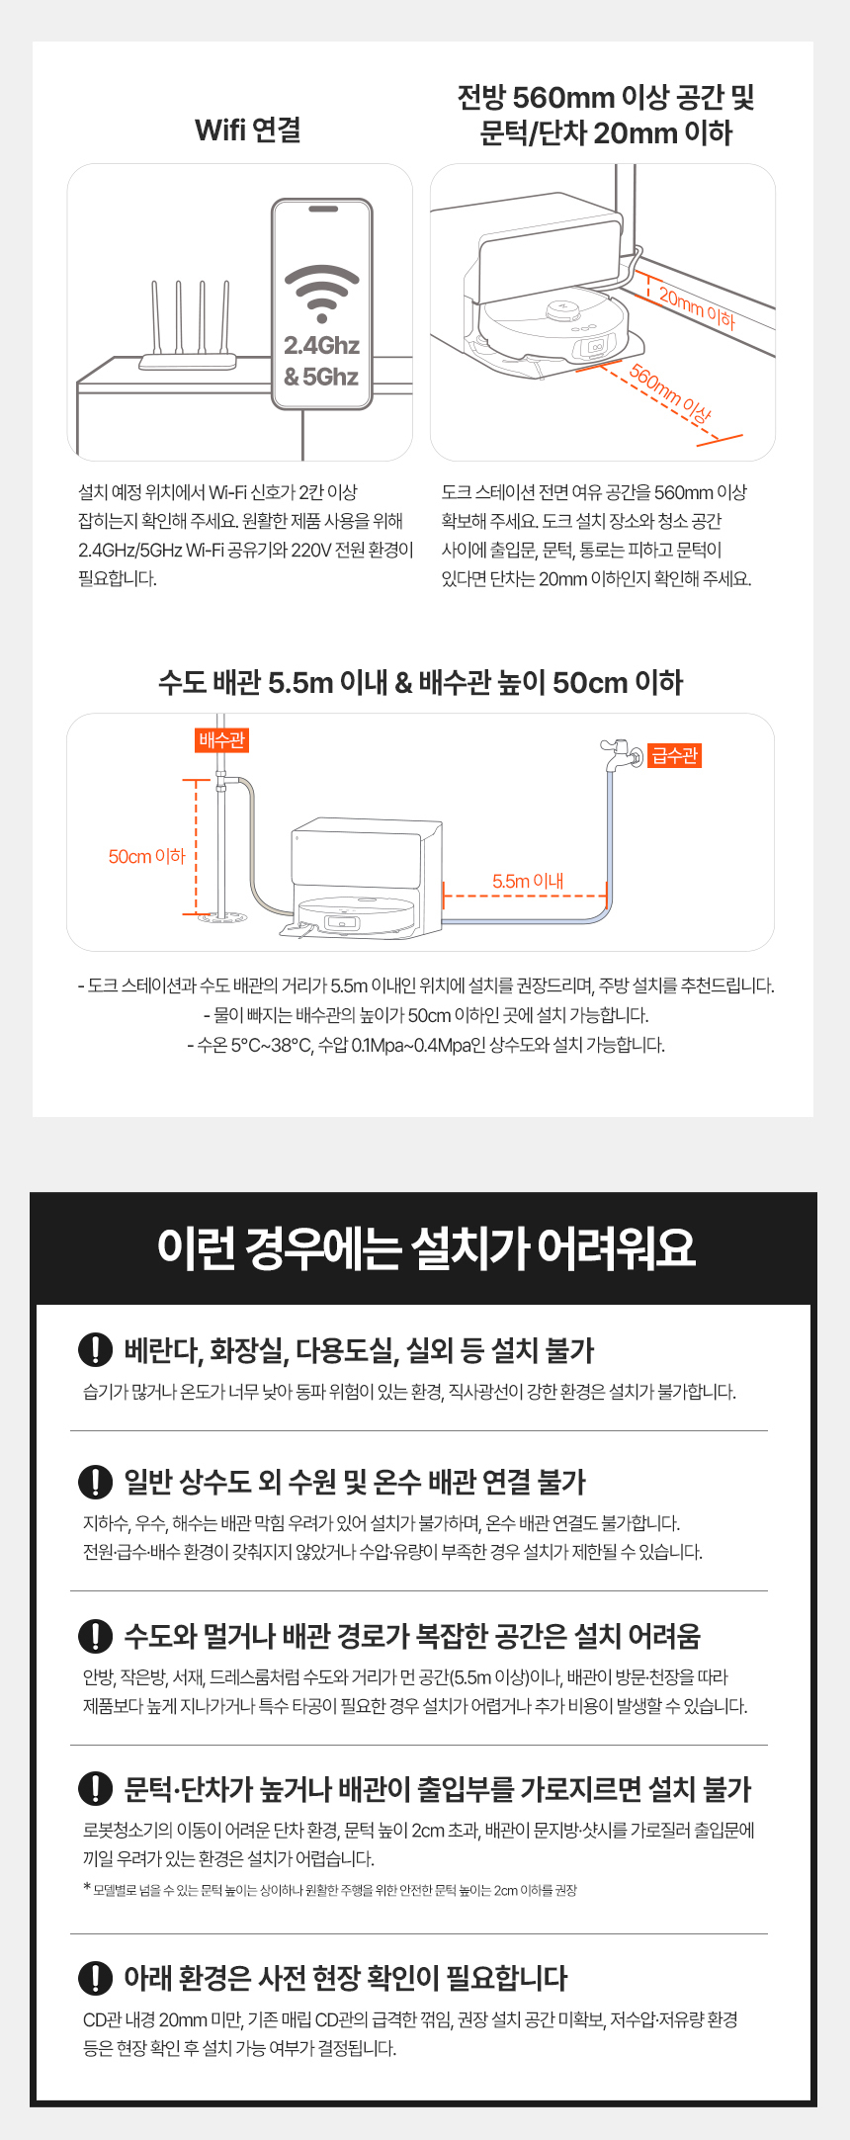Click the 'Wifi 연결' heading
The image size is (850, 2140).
[x=248, y=130]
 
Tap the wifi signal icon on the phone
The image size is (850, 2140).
[x=322, y=294]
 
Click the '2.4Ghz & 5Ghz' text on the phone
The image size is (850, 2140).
[x=321, y=361]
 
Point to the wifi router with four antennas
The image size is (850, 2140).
[x=188, y=326]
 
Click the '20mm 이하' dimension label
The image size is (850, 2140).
[x=697, y=308]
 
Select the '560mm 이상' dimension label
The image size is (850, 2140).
[x=671, y=394]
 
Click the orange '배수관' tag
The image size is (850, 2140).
[x=221, y=740]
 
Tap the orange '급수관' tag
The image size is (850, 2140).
[x=674, y=755]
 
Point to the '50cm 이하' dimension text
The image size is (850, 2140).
[x=146, y=856]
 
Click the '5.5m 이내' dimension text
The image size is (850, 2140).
[x=528, y=881]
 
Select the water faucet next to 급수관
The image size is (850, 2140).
[x=621, y=754]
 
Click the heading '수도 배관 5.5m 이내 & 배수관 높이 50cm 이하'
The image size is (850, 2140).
[x=421, y=682]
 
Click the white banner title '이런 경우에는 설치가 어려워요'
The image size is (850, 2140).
[x=426, y=1247]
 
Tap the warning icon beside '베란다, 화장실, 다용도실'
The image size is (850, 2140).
[x=95, y=1350]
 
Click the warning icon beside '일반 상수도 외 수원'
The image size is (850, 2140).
[x=95, y=1482]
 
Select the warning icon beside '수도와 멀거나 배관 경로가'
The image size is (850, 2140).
[x=95, y=1636]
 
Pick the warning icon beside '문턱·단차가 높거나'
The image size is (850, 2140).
[x=95, y=1789]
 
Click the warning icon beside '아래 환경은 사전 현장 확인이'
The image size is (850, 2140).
[x=95, y=1978]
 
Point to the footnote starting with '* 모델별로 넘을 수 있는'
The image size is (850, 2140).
[x=330, y=1890]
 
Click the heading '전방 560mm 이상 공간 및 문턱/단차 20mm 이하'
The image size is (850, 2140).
[x=606, y=115]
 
